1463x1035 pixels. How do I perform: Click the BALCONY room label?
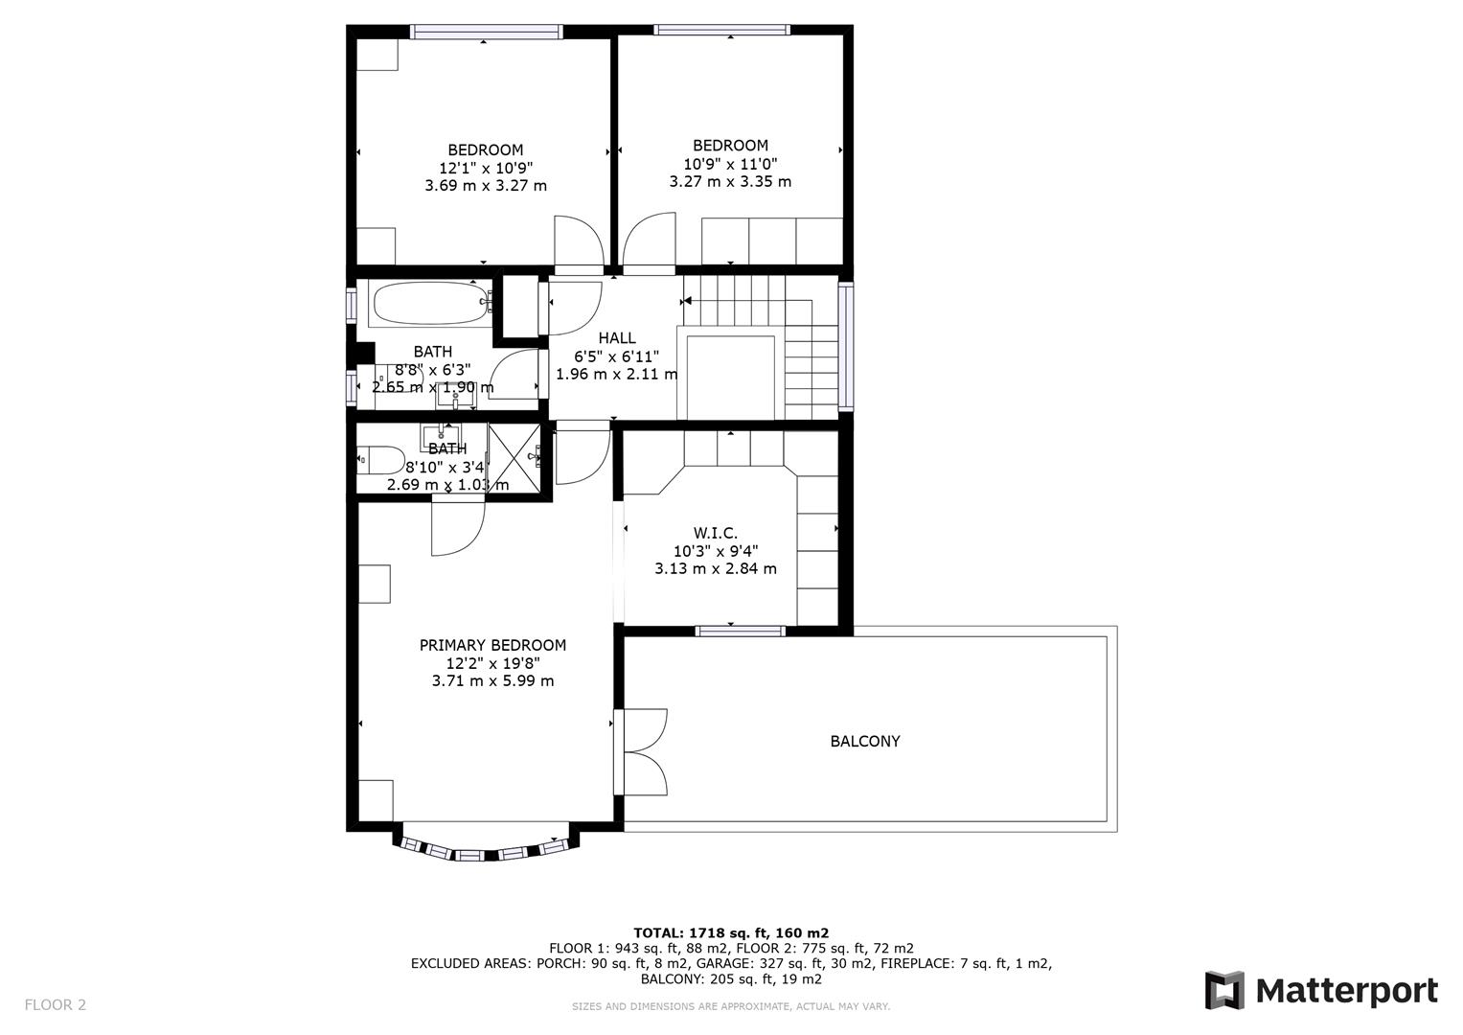(x=864, y=741)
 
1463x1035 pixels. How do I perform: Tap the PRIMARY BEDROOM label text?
(x=492, y=645)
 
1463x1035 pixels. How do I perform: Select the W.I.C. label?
(x=715, y=532)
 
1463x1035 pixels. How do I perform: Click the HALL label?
(x=616, y=337)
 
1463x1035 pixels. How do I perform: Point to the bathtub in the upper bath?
(x=428, y=304)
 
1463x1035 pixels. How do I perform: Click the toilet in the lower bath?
(x=379, y=461)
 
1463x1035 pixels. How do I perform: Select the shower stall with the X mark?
(x=514, y=458)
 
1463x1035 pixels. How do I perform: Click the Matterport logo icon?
(x=1223, y=990)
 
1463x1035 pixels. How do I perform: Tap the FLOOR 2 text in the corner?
(x=55, y=1004)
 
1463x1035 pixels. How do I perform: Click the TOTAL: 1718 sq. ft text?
(x=730, y=932)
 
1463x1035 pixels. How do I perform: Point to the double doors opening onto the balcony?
(x=643, y=750)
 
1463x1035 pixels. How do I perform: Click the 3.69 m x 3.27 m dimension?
(x=486, y=185)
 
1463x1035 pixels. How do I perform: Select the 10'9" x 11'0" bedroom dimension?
(x=730, y=164)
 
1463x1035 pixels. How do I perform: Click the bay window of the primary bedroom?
(x=486, y=847)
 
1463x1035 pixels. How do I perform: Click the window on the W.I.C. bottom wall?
(x=740, y=631)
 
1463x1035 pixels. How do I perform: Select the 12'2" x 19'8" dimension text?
(x=492, y=663)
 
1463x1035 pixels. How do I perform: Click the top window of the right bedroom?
(x=721, y=30)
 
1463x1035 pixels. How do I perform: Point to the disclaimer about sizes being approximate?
(x=730, y=1006)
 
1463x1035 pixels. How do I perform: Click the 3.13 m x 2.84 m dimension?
(x=715, y=568)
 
